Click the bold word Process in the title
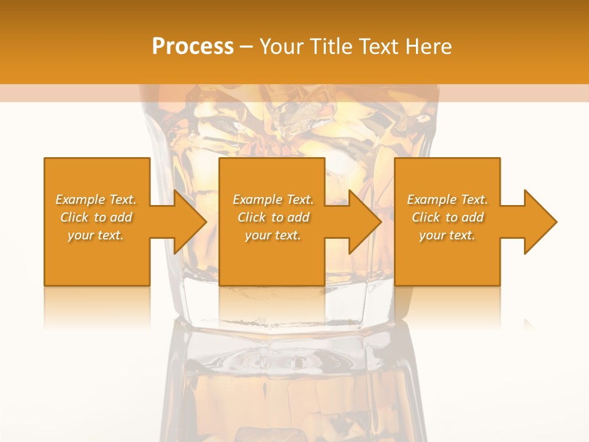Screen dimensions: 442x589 coord(193,46)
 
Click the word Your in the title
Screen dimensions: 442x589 coord(280,47)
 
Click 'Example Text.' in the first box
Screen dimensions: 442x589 coord(96,200)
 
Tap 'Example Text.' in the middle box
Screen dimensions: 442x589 coord(273,200)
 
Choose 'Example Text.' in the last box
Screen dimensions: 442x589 coord(447,200)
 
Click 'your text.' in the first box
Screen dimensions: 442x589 coord(96,235)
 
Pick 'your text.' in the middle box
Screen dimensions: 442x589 coord(273,235)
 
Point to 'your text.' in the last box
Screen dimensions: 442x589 coord(447,235)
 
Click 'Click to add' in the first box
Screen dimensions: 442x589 coord(96,217)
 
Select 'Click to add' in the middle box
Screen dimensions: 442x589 coord(273,217)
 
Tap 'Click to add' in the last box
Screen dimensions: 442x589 coord(447,217)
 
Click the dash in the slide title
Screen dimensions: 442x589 coord(246,47)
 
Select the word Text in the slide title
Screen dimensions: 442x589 coord(379,47)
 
